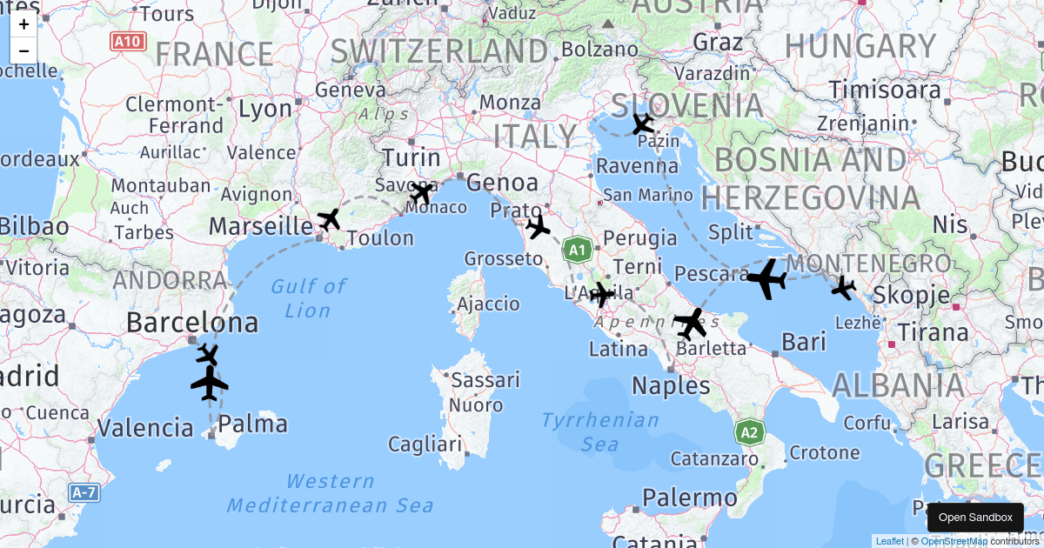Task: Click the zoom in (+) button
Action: click(23, 24)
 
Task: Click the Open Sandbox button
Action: click(975, 518)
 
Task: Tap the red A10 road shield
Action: click(129, 41)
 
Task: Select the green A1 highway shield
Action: click(577, 251)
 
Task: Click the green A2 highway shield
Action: click(749, 432)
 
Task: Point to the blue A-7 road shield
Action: click(84, 493)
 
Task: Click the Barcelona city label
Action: click(192, 323)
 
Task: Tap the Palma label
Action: click(252, 424)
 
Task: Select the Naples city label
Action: click(671, 385)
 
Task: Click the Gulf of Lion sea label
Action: click(308, 297)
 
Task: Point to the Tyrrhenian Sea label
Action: click(600, 432)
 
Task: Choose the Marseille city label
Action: click(261, 226)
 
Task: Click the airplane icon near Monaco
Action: click(422, 192)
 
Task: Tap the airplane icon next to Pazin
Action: click(643, 124)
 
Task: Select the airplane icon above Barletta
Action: click(691, 324)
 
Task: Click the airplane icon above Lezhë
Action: click(843, 287)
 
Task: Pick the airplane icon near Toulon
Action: click(329, 219)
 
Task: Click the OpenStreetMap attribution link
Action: click(954, 541)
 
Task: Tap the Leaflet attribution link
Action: click(889, 541)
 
